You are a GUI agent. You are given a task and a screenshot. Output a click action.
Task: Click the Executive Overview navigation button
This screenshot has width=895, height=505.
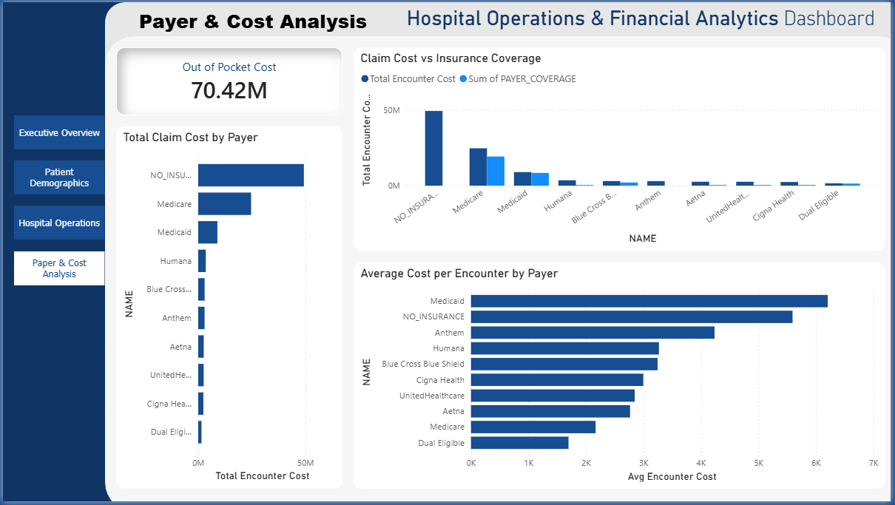pyautogui.click(x=59, y=133)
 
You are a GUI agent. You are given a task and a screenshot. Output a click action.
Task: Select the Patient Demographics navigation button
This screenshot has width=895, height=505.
pyautogui.click(x=59, y=177)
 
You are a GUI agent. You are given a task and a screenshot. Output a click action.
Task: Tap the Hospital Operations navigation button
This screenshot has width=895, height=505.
pyautogui.click(x=59, y=223)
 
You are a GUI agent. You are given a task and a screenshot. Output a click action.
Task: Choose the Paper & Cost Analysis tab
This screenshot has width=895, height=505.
pyautogui.click(x=59, y=268)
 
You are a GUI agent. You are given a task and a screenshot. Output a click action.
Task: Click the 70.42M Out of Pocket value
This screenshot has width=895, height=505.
pyautogui.click(x=229, y=90)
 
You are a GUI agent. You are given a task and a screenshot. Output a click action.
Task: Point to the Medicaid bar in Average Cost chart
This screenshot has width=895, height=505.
pyautogui.click(x=649, y=301)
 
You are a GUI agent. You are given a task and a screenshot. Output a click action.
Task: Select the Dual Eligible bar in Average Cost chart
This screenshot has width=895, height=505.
pyautogui.click(x=519, y=443)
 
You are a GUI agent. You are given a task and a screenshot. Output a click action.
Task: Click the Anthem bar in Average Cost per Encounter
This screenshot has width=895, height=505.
pyautogui.click(x=592, y=333)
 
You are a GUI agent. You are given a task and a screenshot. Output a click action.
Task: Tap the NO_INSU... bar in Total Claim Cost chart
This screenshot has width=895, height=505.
pyautogui.click(x=251, y=175)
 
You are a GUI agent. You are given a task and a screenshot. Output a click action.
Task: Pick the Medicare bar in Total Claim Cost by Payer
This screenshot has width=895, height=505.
pyautogui.click(x=224, y=204)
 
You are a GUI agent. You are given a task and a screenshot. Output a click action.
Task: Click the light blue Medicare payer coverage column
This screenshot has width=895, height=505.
pyautogui.click(x=496, y=171)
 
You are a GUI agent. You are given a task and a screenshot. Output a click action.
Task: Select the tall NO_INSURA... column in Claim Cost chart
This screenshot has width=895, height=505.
pyautogui.click(x=433, y=148)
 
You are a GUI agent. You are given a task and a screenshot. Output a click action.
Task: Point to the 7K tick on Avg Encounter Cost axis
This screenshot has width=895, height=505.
pyautogui.click(x=873, y=463)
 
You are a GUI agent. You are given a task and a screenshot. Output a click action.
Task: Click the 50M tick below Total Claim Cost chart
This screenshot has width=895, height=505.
pyautogui.click(x=305, y=463)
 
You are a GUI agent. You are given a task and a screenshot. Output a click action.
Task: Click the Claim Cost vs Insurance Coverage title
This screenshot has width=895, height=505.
pyautogui.click(x=450, y=58)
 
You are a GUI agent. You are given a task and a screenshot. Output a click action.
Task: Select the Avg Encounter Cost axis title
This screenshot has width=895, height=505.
pyautogui.click(x=672, y=477)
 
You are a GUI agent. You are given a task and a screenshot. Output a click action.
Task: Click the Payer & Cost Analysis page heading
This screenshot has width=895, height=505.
pyautogui.click(x=253, y=22)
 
